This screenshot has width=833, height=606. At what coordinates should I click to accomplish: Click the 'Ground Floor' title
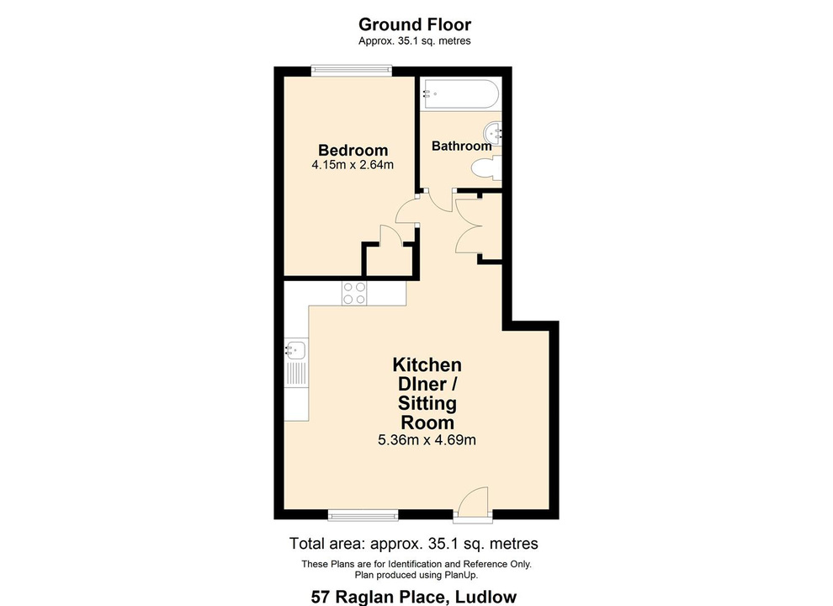point(414,24)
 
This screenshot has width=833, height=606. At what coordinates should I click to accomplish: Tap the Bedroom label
point(353,151)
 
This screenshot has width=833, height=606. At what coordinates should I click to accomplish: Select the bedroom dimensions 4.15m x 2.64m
point(353,165)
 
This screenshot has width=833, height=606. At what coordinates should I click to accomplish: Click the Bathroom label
point(461,146)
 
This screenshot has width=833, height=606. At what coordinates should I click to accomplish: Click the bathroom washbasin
point(494,131)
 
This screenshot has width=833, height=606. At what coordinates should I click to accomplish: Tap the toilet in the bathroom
point(485,169)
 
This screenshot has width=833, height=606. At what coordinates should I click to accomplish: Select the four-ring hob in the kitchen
point(354,292)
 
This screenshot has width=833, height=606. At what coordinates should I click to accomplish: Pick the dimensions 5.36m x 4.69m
point(427,439)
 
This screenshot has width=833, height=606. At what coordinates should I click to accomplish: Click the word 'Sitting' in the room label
point(427,404)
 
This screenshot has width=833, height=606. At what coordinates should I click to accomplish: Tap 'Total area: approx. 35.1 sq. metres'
point(414,543)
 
